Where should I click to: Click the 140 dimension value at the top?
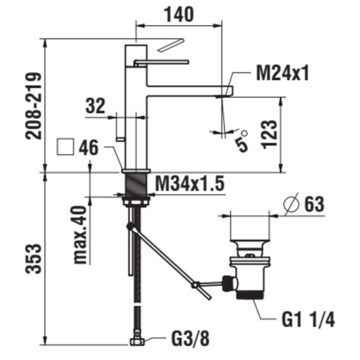[x=178, y=14]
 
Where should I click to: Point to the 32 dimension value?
[x=95, y=106]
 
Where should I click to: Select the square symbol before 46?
[x=64, y=148]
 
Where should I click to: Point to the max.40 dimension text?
[x=80, y=235]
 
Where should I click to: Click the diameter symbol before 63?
[x=290, y=204]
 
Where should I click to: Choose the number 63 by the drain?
[x=313, y=204]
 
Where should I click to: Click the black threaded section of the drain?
[x=250, y=295]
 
